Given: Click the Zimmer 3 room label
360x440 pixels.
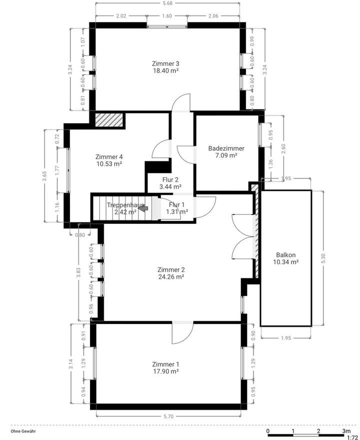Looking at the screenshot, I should pyautogui.click(x=165, y=64).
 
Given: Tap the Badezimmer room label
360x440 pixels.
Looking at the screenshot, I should pyautogui.click(x=226, y=149).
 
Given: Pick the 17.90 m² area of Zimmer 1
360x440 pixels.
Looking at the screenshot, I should pyautogui.click(x=165, y=371).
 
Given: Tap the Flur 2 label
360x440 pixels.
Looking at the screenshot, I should pyautogui.click(x=170, y=180).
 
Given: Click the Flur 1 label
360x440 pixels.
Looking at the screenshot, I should pyautogui.click(x=176, y=205).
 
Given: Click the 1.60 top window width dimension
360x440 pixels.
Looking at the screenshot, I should pyautogui.click(x=167, y=16).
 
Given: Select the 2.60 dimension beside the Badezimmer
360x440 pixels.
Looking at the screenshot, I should pyautogui.click(x=284, y=149).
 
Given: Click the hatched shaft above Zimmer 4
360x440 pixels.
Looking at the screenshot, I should pyautogui.click(x=109, y=120).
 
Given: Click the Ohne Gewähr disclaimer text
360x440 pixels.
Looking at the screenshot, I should pyautogui.click(x=23, y=430).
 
